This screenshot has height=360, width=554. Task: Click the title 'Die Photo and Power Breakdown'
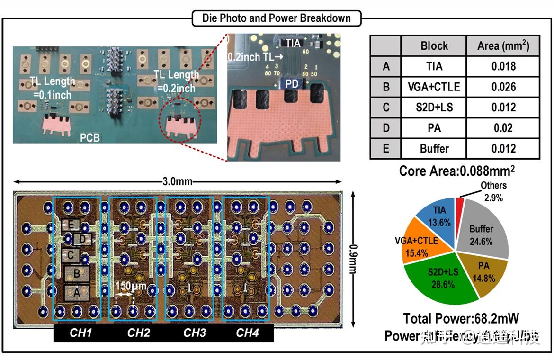coord(277,18)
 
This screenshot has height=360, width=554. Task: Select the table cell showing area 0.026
coord(503,87)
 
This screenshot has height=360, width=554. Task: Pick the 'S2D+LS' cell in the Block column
coord(434,108)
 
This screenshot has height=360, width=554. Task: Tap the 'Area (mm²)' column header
coord(503,46)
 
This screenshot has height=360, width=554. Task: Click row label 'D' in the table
coord(386,128)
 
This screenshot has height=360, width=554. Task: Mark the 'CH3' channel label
coord(195,333)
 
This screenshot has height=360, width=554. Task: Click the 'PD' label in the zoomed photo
coord(290,83)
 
